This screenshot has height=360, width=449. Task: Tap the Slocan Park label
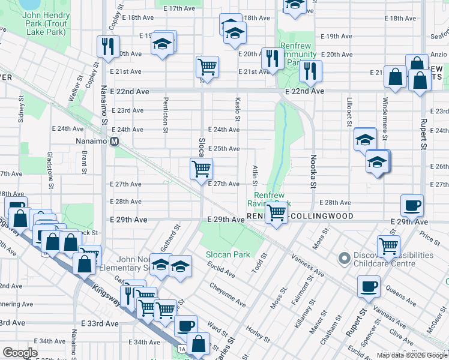(228, 254)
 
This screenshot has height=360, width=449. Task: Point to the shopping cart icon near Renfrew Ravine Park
(276, 212)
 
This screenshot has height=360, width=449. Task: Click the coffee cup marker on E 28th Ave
(412, 205)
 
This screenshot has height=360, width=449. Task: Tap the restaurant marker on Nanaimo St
(108, 46)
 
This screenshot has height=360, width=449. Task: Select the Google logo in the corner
(20, 353)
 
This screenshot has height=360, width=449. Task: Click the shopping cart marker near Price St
(388, 245)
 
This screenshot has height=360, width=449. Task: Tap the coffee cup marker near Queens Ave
(368, 286)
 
